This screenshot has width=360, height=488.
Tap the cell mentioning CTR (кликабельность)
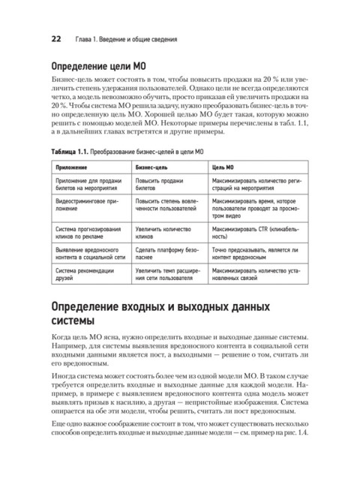click(x=259, y=230)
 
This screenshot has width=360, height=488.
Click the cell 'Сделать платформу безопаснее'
click(x=164, y=251)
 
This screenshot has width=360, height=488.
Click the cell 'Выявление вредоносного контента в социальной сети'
click(x=90, y=251)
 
